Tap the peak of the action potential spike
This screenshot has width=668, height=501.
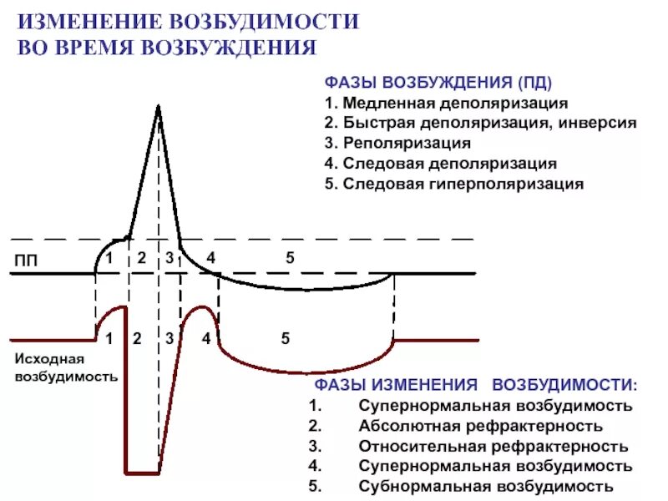pyautogui.click(x=157, y=105)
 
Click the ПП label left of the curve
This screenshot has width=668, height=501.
pyautogui.click(x=26, y=261)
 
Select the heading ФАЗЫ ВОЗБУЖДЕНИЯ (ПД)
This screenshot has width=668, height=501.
pyautogui.click(x=438, y=84)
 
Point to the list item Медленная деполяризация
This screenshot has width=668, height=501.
pyautogui.click(x=455, y=104)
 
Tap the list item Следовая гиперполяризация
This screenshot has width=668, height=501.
pyautogui.click(x=463, y=184)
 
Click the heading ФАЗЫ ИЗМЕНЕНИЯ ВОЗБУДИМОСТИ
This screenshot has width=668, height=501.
pyautogui.click(x=475, y=386)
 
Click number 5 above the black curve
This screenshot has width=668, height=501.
pyautogui.click(x=290, y=258)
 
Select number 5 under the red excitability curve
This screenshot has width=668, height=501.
pyautogui.click(x=285, y=339)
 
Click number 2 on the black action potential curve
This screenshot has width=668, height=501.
pyautogui.click(x=142, y=258)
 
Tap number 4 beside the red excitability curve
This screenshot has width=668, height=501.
pyautogui.click(x=205, y=339)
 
